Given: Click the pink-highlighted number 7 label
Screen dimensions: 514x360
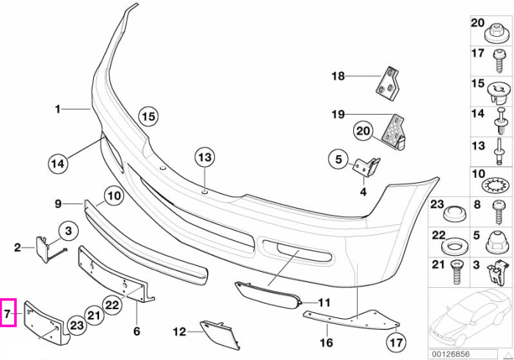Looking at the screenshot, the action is coord(8,314).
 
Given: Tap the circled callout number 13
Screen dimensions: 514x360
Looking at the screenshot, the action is coord(205,158).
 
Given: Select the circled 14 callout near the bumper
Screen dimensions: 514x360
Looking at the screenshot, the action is coord(58,163).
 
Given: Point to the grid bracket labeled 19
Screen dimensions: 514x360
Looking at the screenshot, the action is coord(394,132).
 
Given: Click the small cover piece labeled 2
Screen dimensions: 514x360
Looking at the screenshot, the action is coord(42,249).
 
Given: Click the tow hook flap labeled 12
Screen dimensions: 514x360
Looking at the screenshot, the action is coord(219,334).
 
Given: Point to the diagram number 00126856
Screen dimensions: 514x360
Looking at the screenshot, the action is coord(451,354).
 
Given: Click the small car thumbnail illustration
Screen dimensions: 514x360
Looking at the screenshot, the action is coord(470,318).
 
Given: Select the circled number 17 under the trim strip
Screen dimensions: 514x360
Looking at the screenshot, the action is coord(397,342).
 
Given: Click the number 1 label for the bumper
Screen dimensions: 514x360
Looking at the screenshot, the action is coord(58,109).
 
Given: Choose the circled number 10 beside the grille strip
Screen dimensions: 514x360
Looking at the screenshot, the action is coord(115,196).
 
